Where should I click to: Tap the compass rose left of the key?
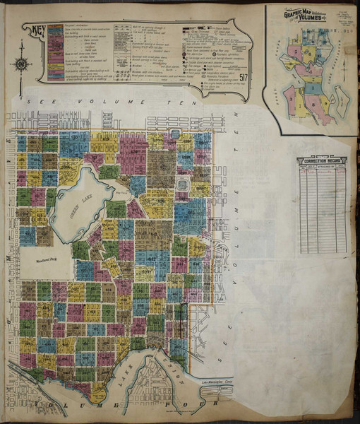click(20, 63)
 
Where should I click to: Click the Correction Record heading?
click(322, 161)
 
